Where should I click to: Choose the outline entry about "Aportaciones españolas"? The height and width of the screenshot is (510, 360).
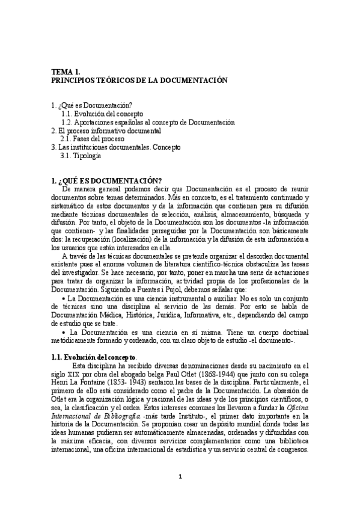point(148,121)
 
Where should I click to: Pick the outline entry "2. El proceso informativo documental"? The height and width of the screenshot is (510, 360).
point(106,130)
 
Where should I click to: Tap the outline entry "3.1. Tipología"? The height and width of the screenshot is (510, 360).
point(81,155)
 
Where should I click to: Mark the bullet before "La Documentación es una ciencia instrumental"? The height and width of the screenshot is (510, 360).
point(64,298)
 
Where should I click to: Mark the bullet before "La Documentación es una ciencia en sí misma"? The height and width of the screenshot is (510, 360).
point(64,332)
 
